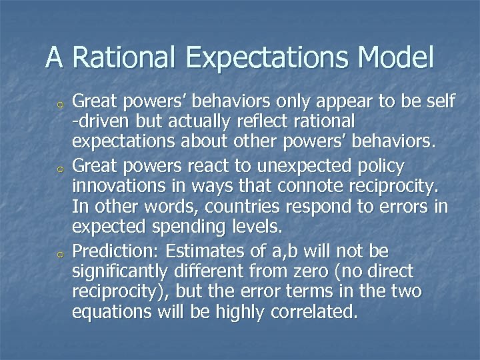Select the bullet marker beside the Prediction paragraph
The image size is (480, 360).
pos(60,252)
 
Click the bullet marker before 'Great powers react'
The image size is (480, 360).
pos(60,165)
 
